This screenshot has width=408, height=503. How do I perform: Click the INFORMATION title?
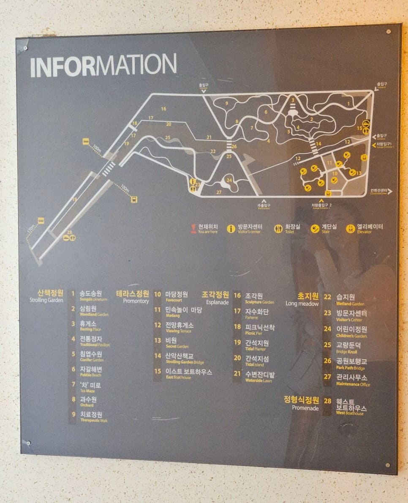pyautogui.click(x=103, y=65)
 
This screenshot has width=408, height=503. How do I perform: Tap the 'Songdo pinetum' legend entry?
pyautogui.click(x=91, y=295)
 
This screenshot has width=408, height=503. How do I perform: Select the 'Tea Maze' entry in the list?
pyautogui.click(x=90, y=387)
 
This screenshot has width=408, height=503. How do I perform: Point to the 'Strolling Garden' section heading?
pyautogui.click(x=46, y=295)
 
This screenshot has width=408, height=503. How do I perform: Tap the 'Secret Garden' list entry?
pyautogui.click(x=171, y=342)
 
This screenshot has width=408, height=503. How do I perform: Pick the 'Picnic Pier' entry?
pyautogui.click(x=260, y=329)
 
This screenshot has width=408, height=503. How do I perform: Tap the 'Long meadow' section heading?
pyautogui.click(x=302, y=299)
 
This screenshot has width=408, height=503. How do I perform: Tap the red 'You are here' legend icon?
pyautogui.click(x=194, y=228)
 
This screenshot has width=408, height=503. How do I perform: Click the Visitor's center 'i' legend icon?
pyautogui.click(x=231, y=229)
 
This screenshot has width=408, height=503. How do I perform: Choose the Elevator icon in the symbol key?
pyautogui.click(x=351, y=229)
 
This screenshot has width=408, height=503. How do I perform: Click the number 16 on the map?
pyautogui.click(x=163, y=109)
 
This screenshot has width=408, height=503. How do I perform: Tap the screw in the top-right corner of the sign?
pyautogui.click(x=388, y=32)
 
